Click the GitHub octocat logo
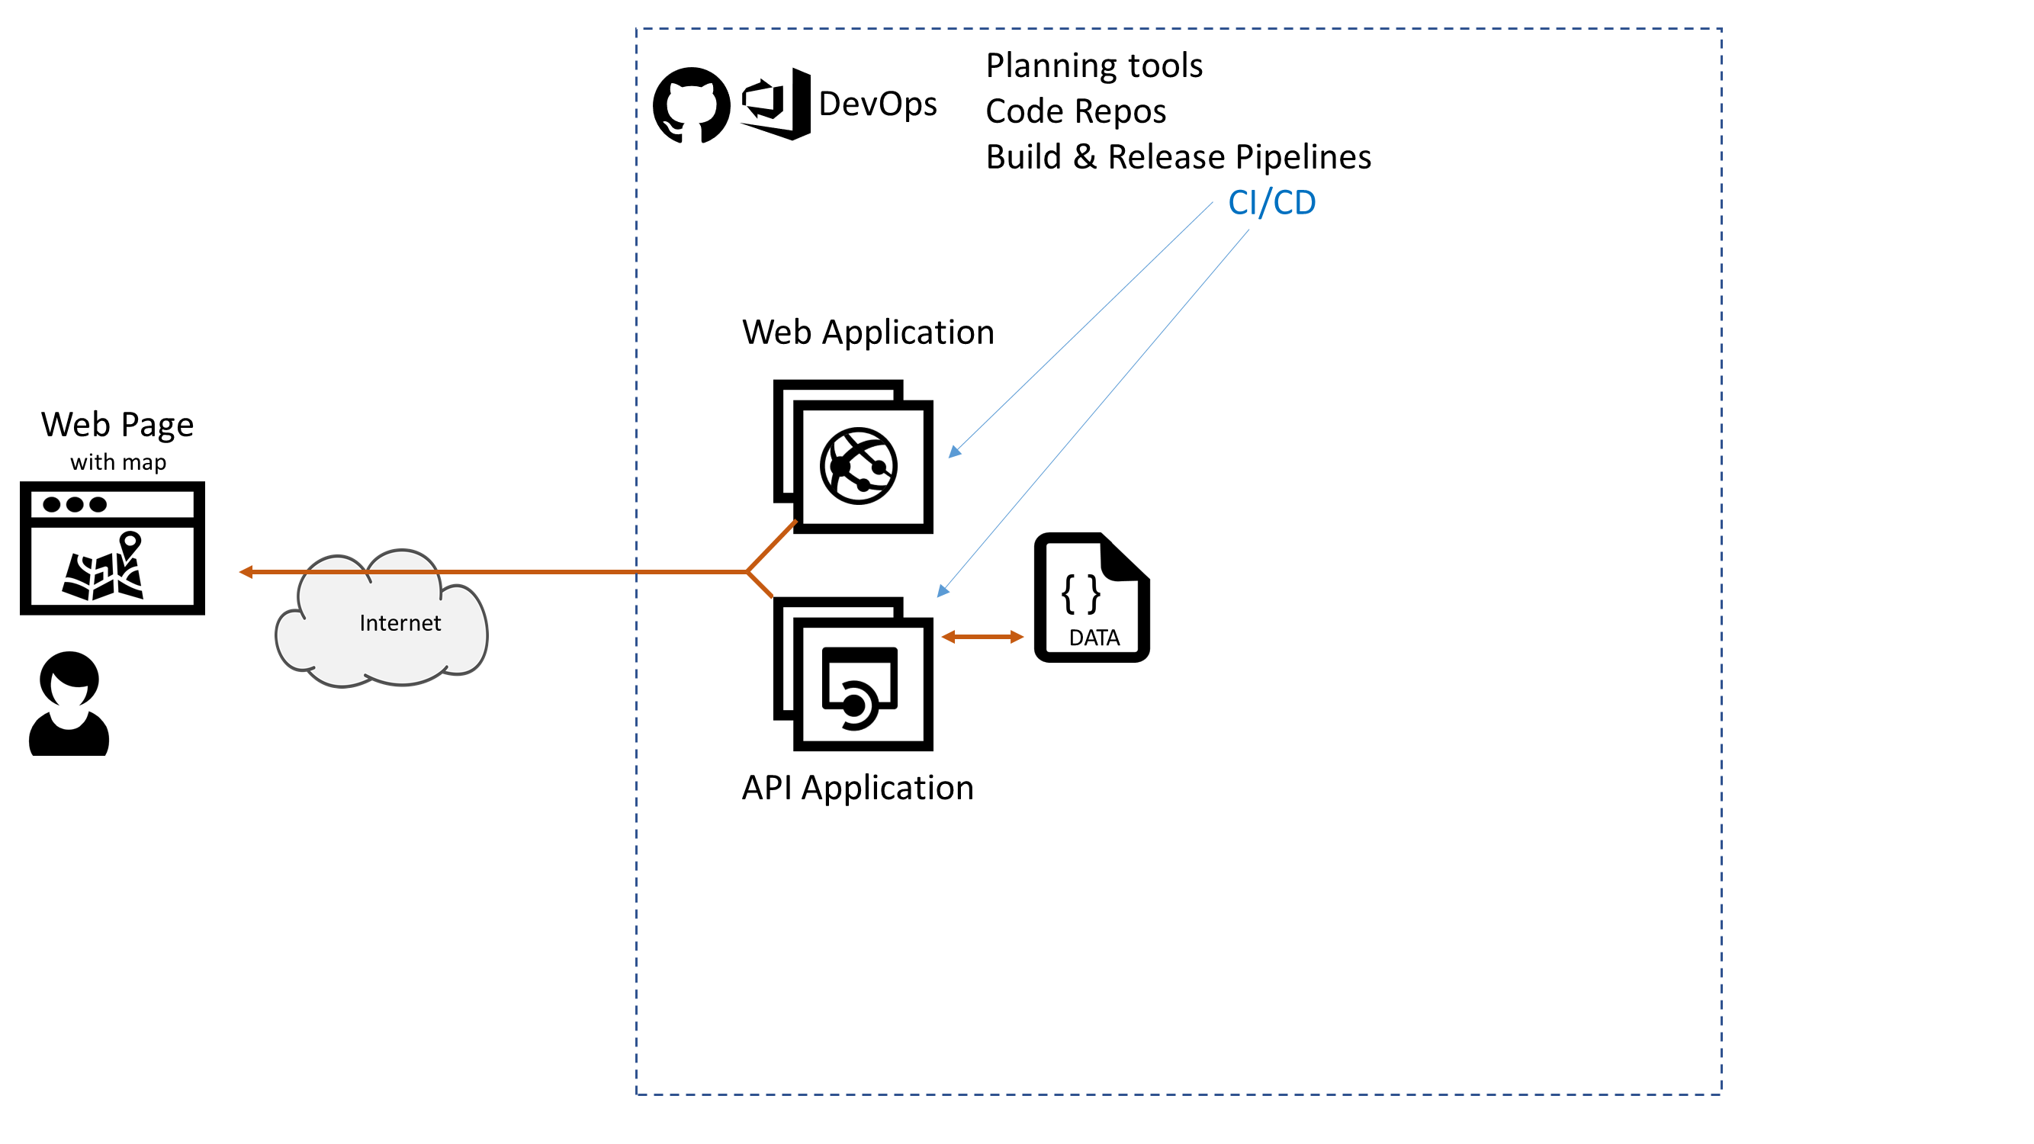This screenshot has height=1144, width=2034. (691, 105)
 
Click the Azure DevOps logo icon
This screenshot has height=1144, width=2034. (777, 104)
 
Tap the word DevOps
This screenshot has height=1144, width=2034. (877, 104)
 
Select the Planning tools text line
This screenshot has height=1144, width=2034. (1094, 66)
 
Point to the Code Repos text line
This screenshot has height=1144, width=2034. (1075, 111)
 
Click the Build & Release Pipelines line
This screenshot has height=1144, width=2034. (1178, 157)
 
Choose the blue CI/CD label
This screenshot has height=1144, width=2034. (1271, 203)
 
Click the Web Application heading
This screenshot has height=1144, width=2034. (868, 333)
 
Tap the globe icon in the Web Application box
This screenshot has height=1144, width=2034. (858, 467)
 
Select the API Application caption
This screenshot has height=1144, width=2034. (857, 788)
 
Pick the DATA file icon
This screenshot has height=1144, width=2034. (1092, 598)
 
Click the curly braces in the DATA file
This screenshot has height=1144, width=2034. (1081, 593)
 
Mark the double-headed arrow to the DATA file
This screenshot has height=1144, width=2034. (982, 637)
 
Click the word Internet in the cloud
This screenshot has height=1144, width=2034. (400, 623)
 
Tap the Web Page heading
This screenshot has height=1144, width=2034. (117, 425)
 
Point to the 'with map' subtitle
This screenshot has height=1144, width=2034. (118, 462)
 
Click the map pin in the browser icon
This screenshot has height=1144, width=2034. (130, 545)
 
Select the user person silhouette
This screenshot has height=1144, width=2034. (69, 703)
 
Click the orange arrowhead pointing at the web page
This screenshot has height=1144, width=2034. (246, 571)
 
